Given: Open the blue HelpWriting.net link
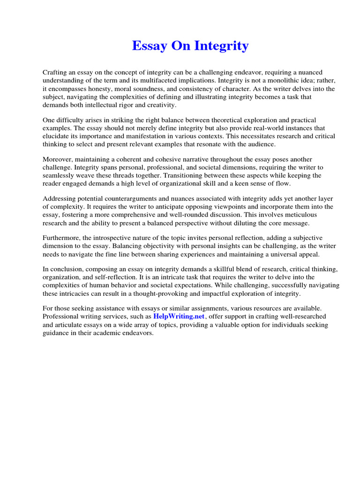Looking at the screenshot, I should (x=179, y=317).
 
